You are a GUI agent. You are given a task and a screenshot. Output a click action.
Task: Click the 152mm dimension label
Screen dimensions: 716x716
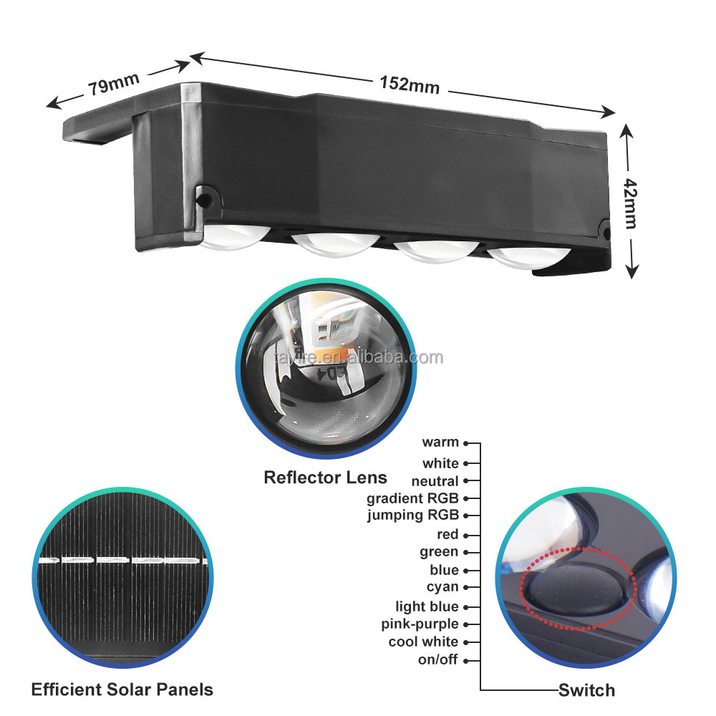[410, 84]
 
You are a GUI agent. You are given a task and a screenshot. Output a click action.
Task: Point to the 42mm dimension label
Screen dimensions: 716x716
[631, 203]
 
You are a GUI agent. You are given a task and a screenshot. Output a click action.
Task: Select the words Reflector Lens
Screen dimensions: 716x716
[325, 478]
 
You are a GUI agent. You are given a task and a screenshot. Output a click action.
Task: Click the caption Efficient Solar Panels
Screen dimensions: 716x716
[122, 690]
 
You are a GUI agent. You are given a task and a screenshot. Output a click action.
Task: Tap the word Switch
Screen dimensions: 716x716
[587, 690]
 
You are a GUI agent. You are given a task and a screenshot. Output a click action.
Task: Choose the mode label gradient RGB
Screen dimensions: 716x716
[412, 498]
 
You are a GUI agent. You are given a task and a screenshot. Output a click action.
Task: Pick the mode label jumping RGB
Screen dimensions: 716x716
[413, 515]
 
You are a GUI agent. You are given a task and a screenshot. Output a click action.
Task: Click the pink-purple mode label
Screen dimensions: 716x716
[420, 624]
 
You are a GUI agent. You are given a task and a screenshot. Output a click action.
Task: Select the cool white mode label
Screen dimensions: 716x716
[423, 642]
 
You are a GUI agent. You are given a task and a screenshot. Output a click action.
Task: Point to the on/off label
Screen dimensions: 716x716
[438, 659]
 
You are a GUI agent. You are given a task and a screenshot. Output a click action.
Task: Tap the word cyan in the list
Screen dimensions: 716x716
[442, 587]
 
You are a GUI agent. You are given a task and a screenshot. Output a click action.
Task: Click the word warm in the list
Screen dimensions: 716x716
[440, 442]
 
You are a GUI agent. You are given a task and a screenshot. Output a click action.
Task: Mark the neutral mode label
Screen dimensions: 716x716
[435, 481]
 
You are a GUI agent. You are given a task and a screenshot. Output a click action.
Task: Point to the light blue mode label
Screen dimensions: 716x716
[427, 606]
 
